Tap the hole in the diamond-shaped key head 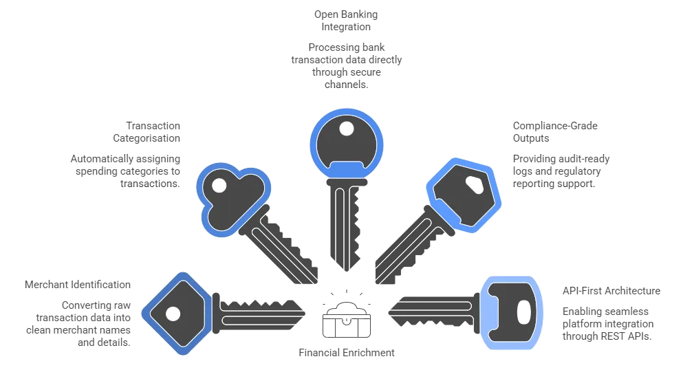pyautogui.click(x=173, y=314)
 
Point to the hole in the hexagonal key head pyautogui.click(x=473, y=185)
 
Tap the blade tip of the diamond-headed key pyautogui.click(x=303, y=312)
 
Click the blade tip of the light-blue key pyautogui.click(x=389, y=312)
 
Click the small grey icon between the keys pyautogui.click(x=346, y=316)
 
